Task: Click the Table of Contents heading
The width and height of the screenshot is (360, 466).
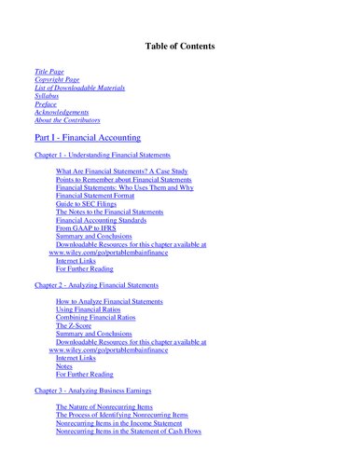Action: (180, 46)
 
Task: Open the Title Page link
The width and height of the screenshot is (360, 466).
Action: (50, 71)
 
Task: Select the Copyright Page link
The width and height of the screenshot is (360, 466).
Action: (57, 79)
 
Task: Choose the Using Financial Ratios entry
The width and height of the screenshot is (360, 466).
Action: (95, 308)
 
